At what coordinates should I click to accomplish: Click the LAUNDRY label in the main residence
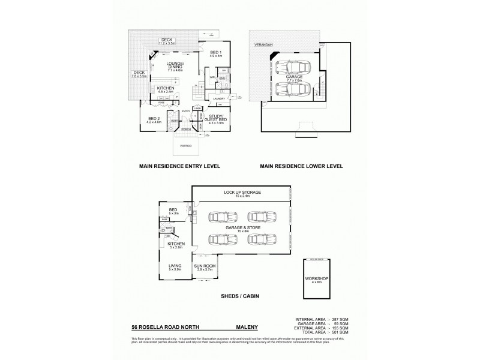(218, 98)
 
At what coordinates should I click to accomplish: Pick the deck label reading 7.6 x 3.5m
(139, 74)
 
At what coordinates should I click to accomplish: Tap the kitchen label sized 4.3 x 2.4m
(166, 89)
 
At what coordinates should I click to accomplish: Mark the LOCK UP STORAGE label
(239, 193)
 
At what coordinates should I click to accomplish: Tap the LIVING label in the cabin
(175, 268)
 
